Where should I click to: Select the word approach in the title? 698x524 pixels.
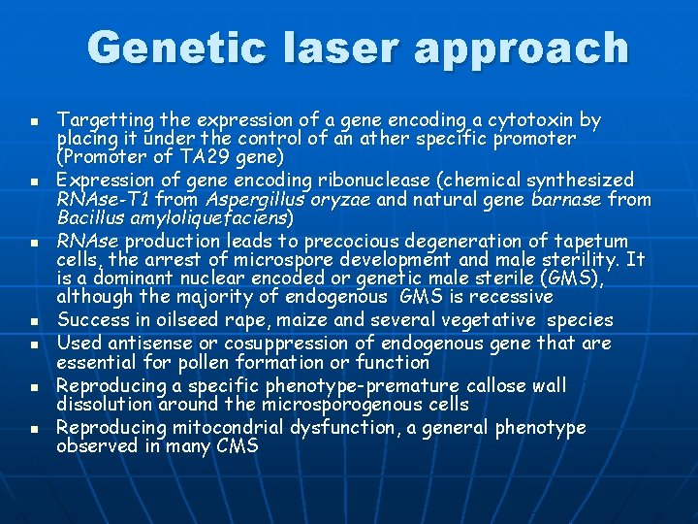click(x=518, y=49)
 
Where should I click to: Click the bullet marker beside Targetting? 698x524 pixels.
click(x=33, y=122)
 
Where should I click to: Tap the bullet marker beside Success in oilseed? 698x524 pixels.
click(x=33, y=321)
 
